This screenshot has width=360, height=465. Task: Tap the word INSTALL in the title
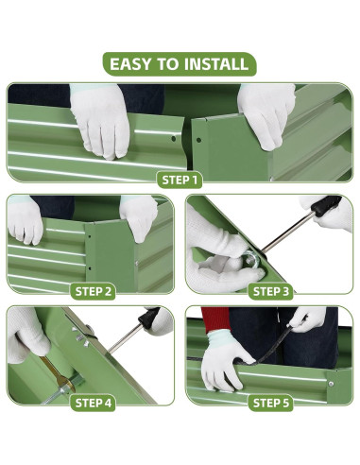(216, 64)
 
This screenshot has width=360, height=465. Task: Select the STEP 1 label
(180, 181)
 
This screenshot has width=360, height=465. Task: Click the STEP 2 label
(94, 292)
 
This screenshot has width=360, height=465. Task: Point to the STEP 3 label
(271, 292)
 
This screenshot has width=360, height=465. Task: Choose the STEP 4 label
(94, 403)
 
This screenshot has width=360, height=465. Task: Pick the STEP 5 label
(271, 403)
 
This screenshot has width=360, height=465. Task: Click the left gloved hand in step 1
(99, 120)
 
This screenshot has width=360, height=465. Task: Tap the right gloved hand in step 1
(266, 115)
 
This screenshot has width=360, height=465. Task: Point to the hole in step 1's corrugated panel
(173, 138)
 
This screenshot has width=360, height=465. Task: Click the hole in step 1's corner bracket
(198, 140)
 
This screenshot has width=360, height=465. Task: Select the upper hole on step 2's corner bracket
(90, 236)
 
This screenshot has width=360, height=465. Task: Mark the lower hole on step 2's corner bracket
(90, 268)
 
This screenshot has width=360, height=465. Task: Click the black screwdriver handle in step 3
(327, 206)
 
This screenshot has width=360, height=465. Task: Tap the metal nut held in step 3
(252, 259)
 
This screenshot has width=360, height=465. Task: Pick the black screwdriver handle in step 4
(149, 318)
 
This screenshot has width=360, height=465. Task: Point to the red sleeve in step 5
(215, 319)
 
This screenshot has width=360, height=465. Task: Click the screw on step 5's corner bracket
(331, 384)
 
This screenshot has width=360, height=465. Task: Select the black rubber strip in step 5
(271, 348)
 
